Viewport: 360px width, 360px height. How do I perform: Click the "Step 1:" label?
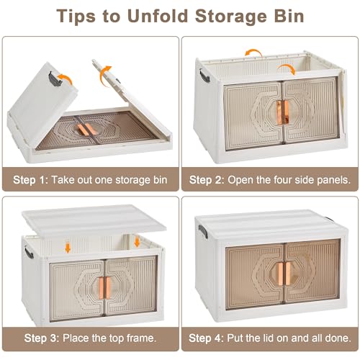31,180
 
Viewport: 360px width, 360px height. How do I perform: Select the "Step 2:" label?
207,180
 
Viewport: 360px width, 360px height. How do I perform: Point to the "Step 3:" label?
42,338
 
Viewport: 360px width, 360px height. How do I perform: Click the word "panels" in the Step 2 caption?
334,180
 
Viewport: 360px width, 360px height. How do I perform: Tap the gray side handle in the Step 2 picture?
204,76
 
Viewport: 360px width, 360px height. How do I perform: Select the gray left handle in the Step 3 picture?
29,252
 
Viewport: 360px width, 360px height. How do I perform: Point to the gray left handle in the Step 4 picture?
203,232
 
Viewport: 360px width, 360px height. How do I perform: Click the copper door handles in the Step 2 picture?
282,111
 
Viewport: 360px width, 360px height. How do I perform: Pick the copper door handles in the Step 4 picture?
283,273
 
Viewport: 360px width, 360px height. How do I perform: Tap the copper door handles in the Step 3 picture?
104,287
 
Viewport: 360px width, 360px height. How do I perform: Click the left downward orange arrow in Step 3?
68,248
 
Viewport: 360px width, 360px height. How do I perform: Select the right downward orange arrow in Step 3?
137,242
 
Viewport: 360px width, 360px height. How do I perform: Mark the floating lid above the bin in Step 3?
94,220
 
